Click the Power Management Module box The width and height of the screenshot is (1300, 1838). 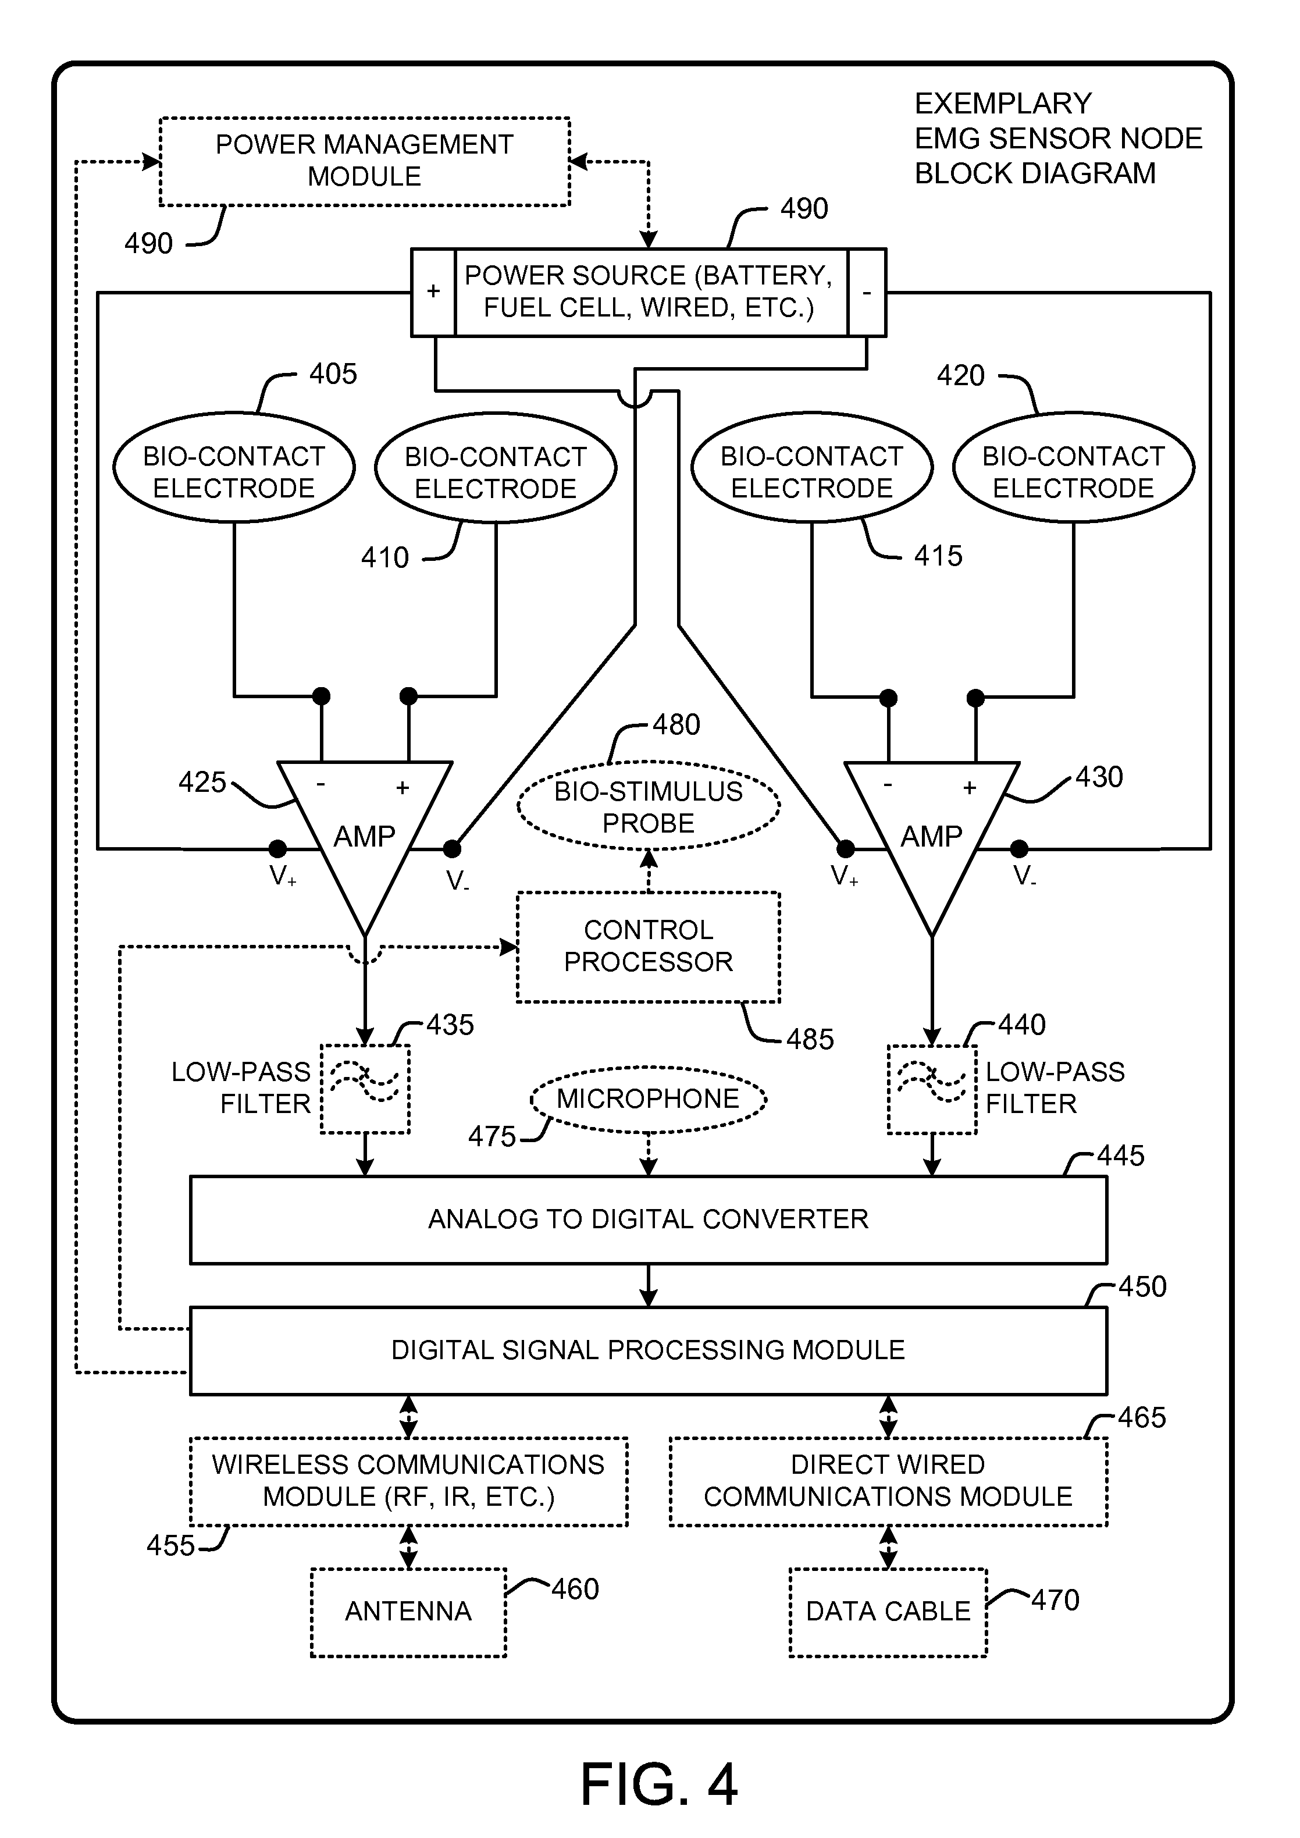[x=364, y=161]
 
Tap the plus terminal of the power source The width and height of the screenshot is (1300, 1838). [x=433, y=292]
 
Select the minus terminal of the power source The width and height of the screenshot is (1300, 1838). [x=866, y=292]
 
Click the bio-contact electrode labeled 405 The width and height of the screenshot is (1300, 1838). [x=234, y=468]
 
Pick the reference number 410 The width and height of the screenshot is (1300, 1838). [x=384, y=557]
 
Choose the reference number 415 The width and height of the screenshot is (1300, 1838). [x=938, y=556]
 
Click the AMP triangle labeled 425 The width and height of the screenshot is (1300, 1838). [x=364, y=833]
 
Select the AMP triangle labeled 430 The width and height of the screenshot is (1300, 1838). [x=932, y=833]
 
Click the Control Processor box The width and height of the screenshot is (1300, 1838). [x=649, y=946]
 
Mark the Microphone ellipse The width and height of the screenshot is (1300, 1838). [x=649, y=1099]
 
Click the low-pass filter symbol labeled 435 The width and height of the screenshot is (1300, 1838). [x=365, y=1089]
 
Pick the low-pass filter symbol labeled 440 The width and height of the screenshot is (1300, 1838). [x=932, y=1089]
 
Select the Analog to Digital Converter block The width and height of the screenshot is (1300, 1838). [x=649, y=1219]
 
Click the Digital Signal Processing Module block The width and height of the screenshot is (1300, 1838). [x=649, y=1350]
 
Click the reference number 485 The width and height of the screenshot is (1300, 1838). [x=809, y=1039]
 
